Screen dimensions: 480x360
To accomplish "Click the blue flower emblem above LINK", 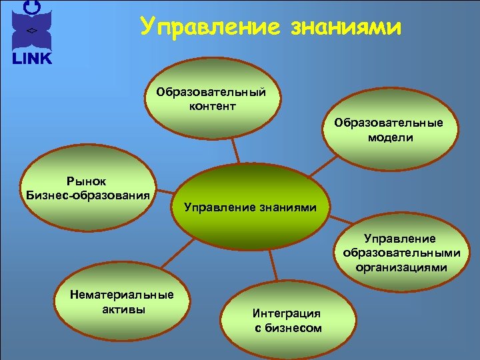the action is coord(31,27).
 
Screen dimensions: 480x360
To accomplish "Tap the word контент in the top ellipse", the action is coord(211,106).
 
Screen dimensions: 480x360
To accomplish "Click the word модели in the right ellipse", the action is coord(389,138).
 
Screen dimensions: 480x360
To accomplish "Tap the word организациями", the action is coord(402,268).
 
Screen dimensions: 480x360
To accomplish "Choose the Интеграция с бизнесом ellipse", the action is coord(287,320).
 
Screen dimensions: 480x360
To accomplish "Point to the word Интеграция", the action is coord(287,313).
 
